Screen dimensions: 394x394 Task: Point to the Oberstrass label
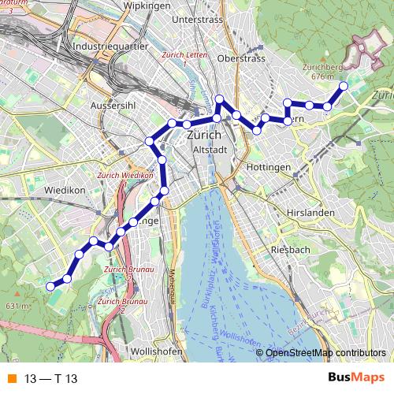point(241,58)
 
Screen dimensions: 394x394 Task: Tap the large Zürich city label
point(206,135)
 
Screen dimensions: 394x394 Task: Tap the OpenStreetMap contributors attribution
point(325,353)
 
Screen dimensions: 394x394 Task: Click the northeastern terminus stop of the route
point(344,85)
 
